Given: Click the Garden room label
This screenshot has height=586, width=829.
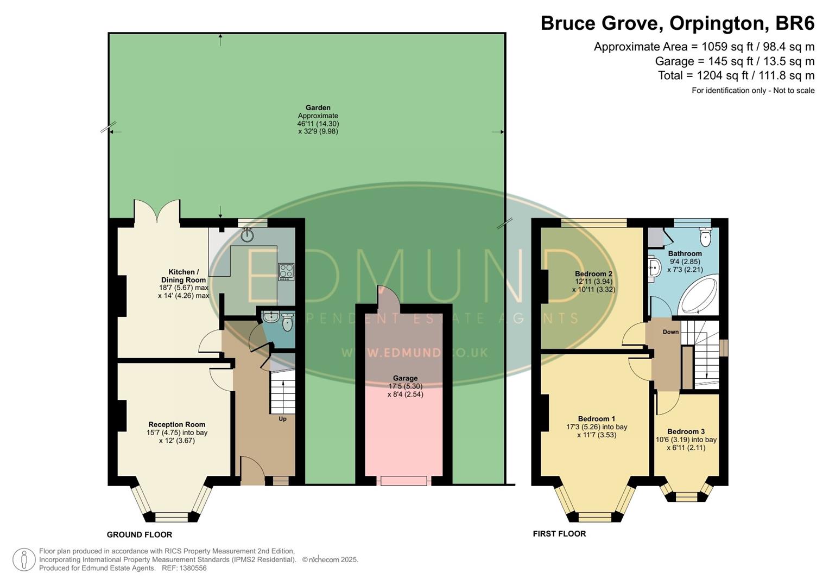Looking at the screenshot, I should [318, 108].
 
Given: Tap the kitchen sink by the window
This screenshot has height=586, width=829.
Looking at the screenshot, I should [248, 234].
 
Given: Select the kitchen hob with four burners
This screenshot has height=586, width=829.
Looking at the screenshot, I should [286, 271].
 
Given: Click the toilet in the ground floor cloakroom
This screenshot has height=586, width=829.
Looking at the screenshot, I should [287, 323].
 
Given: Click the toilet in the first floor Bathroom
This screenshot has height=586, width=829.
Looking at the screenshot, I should [705, 237].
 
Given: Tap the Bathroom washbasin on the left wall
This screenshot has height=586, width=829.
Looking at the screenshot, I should [654, 266].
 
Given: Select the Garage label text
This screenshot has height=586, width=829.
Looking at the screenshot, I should [405, 378].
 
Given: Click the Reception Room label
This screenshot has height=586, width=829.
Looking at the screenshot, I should [177, 425].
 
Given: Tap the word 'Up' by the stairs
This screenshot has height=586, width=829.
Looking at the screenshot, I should [282, 419].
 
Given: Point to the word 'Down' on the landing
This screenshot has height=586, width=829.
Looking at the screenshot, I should [670, 332].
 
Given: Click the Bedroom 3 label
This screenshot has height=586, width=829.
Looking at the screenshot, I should [686, 432].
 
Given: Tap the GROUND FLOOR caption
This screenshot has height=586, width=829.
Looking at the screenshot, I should [140, 535].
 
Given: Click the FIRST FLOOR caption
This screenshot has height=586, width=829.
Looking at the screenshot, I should [559, 534].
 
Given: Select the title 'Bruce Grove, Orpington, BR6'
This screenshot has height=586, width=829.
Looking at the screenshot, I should [677, 24].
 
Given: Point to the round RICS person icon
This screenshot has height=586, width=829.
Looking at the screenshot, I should [24, 559].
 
